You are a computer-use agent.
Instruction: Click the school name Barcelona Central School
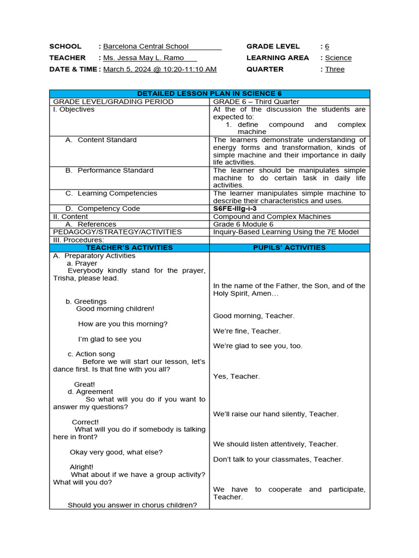146,46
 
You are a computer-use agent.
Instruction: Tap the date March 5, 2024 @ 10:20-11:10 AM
160,69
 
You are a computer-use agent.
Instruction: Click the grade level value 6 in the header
327,46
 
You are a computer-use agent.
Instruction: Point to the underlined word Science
338,58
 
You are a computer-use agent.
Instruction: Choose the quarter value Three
334,69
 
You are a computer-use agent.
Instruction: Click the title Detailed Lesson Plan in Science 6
209,94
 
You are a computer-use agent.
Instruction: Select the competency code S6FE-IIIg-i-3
235,209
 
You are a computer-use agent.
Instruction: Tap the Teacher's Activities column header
129,247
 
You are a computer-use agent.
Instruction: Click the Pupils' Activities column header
289,247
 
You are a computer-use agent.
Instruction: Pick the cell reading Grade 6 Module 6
243,224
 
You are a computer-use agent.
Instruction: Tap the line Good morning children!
115,308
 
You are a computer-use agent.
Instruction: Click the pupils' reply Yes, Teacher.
236,376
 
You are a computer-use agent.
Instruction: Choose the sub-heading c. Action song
91,354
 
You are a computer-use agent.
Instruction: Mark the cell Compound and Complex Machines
272,216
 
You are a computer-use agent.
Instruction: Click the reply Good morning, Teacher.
254,316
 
